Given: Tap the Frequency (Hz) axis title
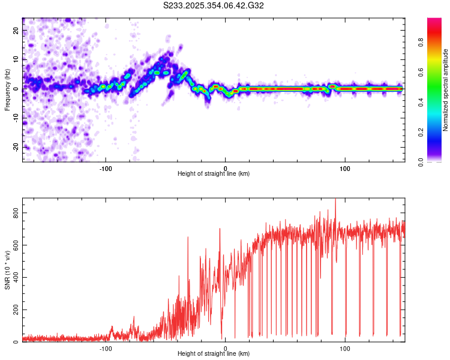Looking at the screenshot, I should pos(8,89).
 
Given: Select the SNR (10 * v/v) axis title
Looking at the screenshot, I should pos(8,270).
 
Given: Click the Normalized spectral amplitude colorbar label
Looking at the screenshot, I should pos(446,90).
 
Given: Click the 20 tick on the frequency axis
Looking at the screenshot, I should pos(16,30).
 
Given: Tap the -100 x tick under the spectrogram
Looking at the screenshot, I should pos(106,168).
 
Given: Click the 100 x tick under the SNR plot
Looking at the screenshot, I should pos(345,349).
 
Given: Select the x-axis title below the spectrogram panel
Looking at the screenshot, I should pos(214,174).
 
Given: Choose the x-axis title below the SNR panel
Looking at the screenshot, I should pos(214,355).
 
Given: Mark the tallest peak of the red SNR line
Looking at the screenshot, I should pos(335,200).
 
